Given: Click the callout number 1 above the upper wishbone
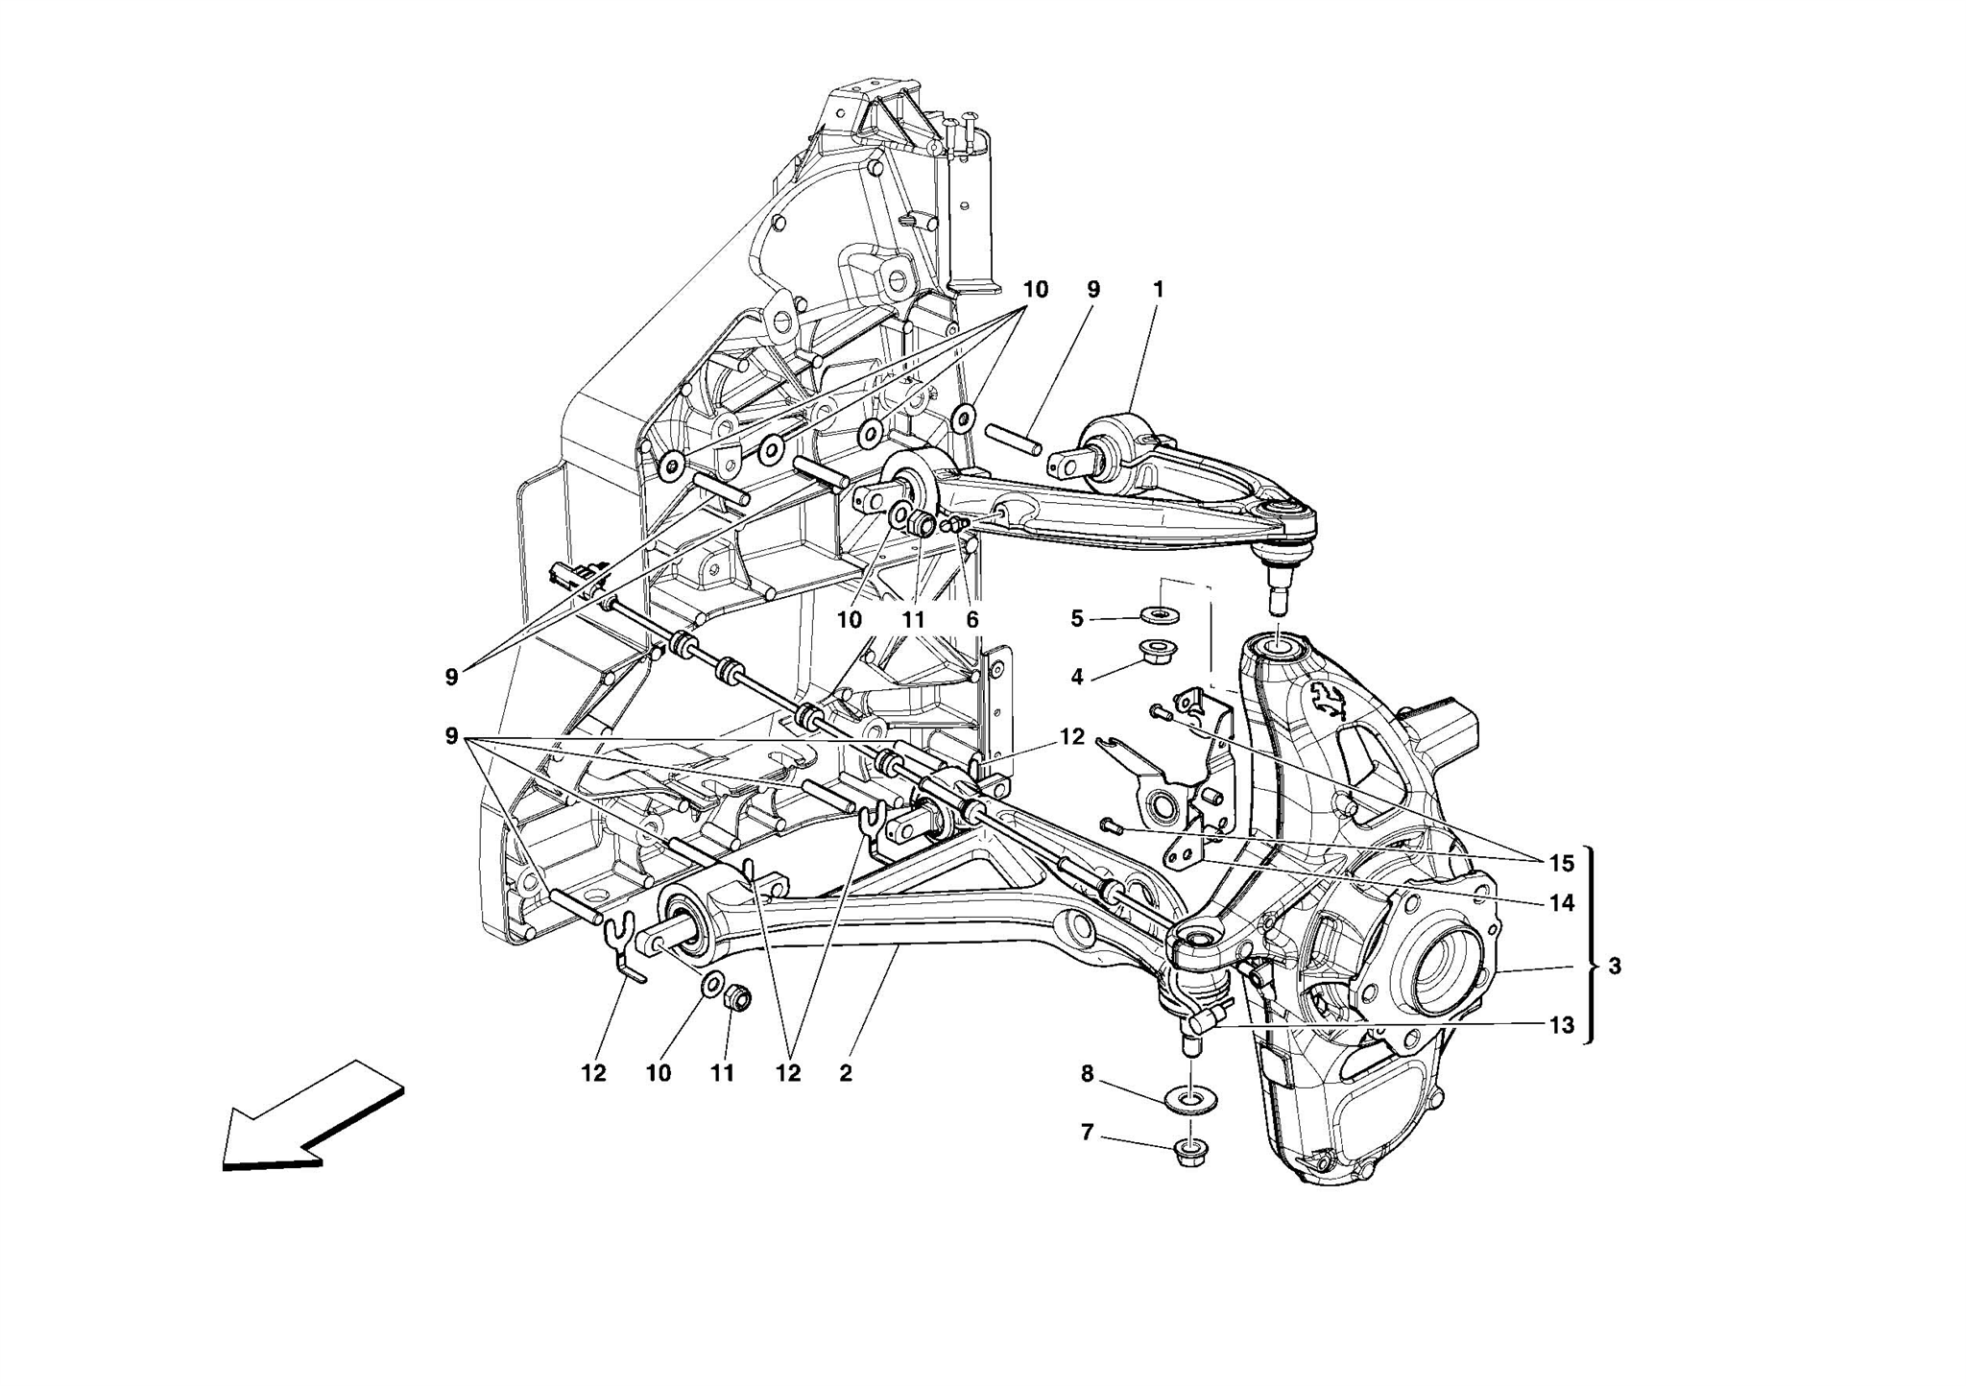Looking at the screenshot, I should (x=1159, y=289).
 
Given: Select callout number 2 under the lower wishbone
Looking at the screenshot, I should (x=845, y=1074).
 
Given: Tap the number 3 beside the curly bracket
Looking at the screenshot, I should (x=1615, y=967).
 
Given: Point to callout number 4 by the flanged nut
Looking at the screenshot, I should (x=1077, y=678).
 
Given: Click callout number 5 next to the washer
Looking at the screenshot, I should (x=1077, y=619).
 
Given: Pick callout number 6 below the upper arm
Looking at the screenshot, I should (x=972, y=620).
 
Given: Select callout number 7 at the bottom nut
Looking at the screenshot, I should (x=1087, y=1134).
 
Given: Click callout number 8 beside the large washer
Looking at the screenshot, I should (x=1087, y=1074).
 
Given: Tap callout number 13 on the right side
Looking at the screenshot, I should (x=1562, y=1025).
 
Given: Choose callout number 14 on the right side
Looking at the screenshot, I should (x=1562, y=902).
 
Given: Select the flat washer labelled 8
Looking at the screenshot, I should (x=1189, y=1101).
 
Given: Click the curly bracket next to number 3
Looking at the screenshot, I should (x=1591, y=945).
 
